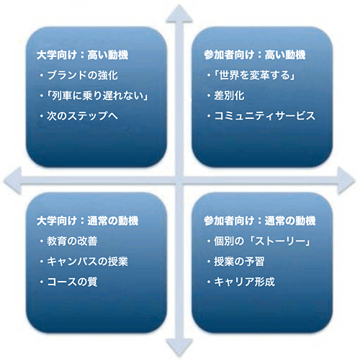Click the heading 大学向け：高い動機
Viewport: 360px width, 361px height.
(82, 55)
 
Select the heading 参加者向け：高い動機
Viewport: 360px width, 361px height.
(255, 55)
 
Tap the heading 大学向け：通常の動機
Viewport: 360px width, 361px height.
(87, 220)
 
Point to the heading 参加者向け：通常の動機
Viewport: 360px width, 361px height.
(260, 220)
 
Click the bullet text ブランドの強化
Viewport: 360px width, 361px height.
(83, 75)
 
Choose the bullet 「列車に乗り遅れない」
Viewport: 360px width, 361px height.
(97, 96)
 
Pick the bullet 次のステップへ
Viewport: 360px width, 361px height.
(82, 116)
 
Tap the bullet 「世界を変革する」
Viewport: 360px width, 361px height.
(254, 75)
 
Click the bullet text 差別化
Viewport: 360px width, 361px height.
(229, 96)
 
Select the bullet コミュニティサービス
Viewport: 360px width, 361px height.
(264, 116)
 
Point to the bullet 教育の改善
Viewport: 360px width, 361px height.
(72, 241)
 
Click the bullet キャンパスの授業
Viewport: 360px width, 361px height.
(87, 262)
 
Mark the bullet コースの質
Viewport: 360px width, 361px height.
(72, 282)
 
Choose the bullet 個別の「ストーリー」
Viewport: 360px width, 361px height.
(262, 241)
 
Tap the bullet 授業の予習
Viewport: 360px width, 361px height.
(239, 262)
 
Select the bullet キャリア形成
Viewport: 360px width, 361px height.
(244, 282)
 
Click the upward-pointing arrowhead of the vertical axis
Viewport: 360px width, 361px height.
(179, 14)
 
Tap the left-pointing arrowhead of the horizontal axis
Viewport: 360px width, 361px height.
(13, 181)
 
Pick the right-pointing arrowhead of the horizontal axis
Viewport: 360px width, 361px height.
(346, 181)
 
